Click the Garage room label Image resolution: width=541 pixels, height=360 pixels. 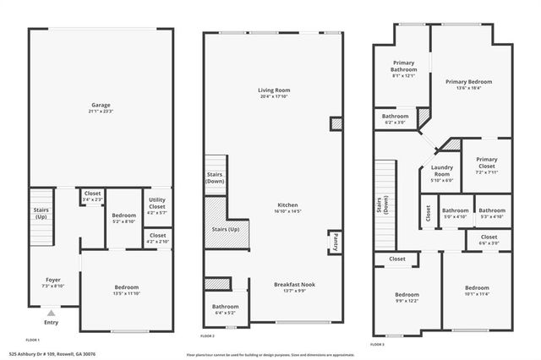pyautogui.click(x=101, y=108)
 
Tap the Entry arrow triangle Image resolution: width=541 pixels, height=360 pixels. pyautogui.click(x=51, y=313)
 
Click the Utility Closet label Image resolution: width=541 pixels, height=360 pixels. pyautogui.click(x=157, y=203)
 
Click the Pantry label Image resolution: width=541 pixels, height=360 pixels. pyautogui.click(x=335, y=243)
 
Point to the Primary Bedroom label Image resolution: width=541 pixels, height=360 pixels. pyautogui.click(x=469, y=84)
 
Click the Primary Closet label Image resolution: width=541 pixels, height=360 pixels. pyautogui.click(x=486, y=164)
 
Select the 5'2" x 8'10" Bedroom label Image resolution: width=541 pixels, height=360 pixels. pyautogui.click(x=123, y=218)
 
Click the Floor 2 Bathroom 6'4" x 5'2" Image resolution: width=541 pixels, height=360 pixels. pyautogui.click(x=225, y=309)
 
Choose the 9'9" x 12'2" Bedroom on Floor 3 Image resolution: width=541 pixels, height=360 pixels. pyautogui.click(x=406, y=297)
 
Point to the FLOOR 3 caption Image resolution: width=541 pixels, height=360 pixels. pyautogui.click(x=377, y=345)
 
